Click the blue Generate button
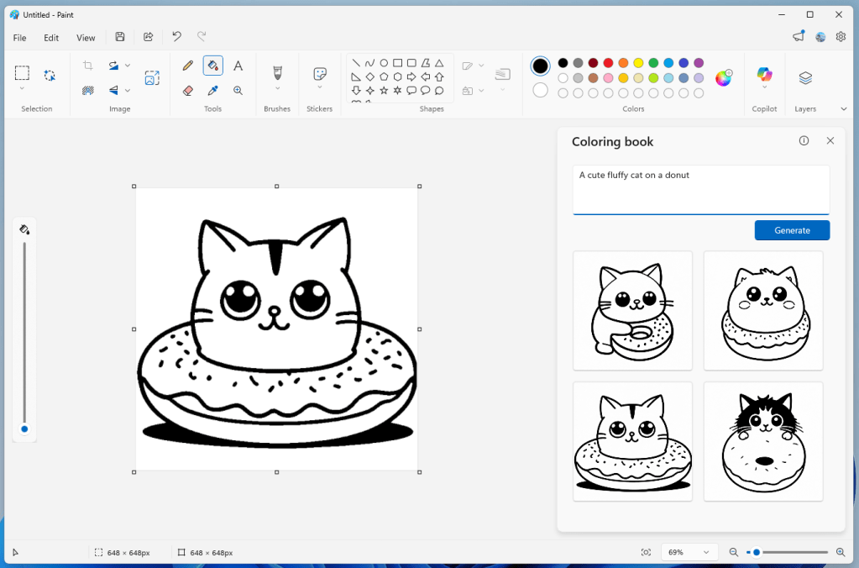(792, 230)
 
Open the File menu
(20, 38)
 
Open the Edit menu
(51, 38)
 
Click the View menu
(86, 38)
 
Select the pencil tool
(187, 66)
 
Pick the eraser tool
(187, 91)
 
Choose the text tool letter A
(238, 66)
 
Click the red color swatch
(608, 63)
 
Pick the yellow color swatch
(638, 63)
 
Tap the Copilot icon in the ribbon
(764, 76)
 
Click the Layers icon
(805, 78)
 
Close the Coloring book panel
(830, 141)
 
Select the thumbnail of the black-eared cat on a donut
(763, 441)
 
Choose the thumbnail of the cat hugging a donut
(632, 310)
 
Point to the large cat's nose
(273, 310)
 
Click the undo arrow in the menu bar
(176, 37)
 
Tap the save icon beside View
(120, 37)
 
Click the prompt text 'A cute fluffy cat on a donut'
(634, 176)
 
